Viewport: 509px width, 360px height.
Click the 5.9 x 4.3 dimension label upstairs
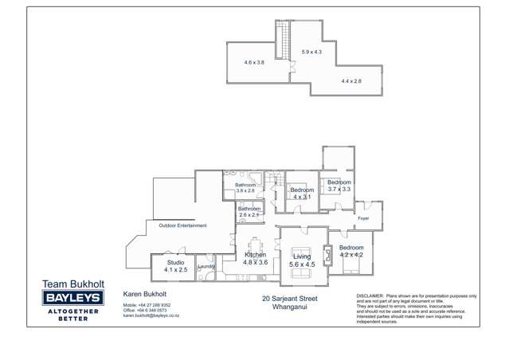coord(311,52)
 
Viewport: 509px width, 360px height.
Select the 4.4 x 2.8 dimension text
coord(351,81)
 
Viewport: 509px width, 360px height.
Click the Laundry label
coord(206,267)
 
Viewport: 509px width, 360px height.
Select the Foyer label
coord(363,217)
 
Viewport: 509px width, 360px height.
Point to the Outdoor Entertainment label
coord(182,225)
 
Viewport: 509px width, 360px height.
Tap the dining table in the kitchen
coord(255,245)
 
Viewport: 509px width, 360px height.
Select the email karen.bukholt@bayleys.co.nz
coord(151,316)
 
